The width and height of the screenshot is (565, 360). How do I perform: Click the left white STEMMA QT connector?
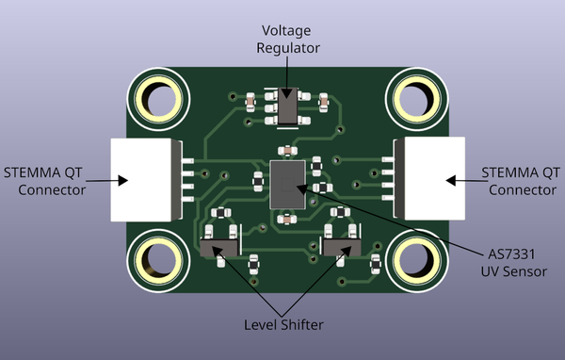click(146, 178)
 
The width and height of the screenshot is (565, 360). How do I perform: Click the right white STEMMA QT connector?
click(429, 178)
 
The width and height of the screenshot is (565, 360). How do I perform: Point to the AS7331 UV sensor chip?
click(288, 183)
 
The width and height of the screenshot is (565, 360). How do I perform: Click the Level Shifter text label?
click(283, 325)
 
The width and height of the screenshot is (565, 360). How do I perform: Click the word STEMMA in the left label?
click(35, 172)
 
